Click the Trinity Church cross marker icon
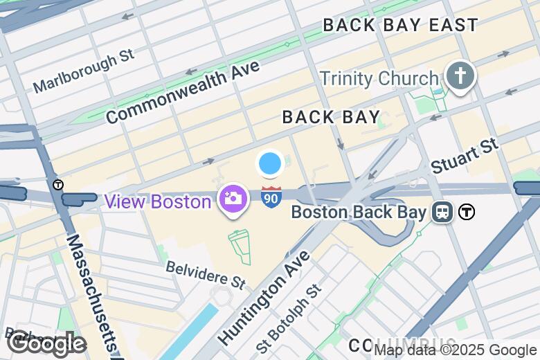[x=460, y=75]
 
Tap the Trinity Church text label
[x=379, y=78]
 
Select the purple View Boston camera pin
[x=233, y=199]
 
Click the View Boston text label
[x=158, y=202]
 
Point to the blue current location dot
[x=270, y=164]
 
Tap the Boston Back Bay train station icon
[x=441, y=212]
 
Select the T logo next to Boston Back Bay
[x=467, y=212]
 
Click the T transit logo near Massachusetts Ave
[x=58, y=185]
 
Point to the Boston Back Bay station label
[x=358, y=212]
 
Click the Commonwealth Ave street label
[x=183, y=92]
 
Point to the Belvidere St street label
[x=206, y=274]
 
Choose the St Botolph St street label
[x=289, y=319]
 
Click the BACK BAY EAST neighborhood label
[x=400, y=26]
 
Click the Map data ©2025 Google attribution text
[x=455, y=350]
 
